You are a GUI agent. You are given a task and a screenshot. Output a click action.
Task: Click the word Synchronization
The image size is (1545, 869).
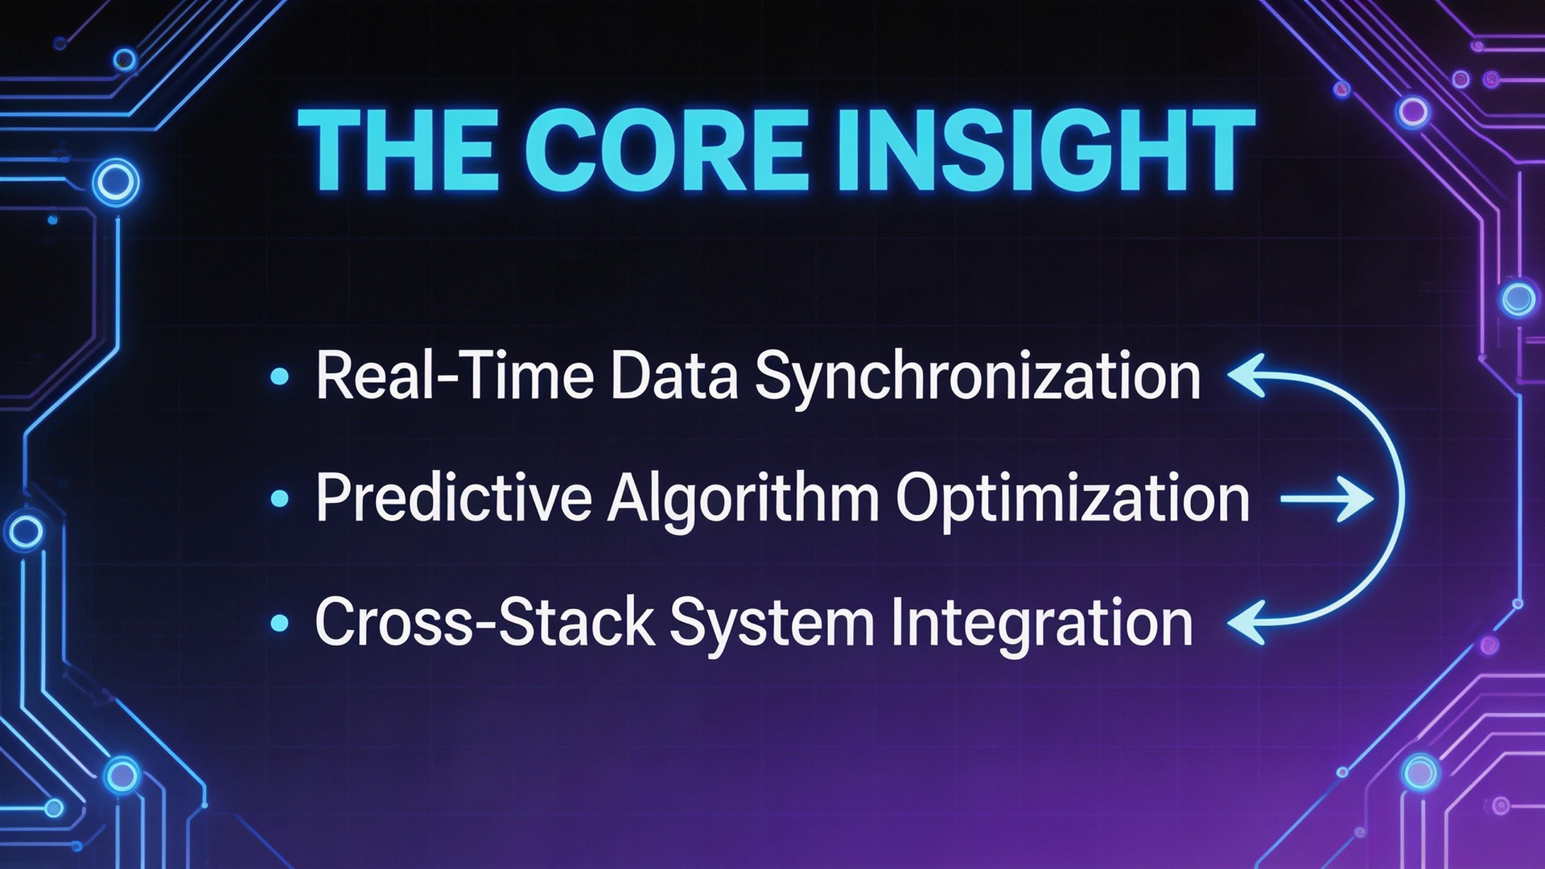coord(977,377)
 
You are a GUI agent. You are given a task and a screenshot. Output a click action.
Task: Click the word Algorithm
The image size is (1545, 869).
coord(744,499)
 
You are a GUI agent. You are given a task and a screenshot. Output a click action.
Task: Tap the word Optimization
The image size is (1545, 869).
coord(1073,499)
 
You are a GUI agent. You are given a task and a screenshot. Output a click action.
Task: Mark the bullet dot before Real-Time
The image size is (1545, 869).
coord(280,376)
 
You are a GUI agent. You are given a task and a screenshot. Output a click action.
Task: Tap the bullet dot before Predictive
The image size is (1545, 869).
coord(280,499)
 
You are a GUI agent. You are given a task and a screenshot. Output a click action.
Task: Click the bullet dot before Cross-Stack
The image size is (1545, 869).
coord(280,622)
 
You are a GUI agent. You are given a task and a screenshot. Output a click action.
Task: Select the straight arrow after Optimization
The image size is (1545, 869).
coord(1326,499)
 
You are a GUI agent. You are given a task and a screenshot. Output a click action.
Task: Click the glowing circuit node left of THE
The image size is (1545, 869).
coord(116,182)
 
